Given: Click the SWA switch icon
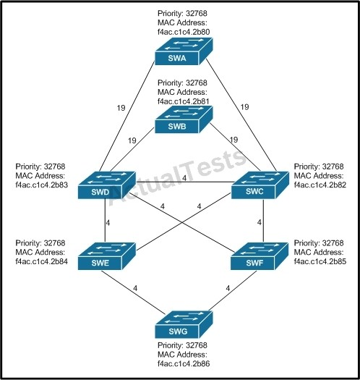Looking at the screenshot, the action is click(184, 51).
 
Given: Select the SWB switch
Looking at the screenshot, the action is click(184, 119).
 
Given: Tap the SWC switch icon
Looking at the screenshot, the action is click(260, 185).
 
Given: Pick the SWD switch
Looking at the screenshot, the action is click(107, 185).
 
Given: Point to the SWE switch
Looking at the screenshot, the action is click(107, 256).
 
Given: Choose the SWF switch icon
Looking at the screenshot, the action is click(260, 256).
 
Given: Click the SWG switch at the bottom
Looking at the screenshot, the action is click(184, 324).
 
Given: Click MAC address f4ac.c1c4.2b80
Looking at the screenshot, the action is click(184, 32).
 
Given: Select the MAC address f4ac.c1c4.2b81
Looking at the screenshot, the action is click(184, 101).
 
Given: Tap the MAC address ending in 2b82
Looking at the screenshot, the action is click(320, 185).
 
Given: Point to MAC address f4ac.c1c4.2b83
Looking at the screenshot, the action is click(42, 185).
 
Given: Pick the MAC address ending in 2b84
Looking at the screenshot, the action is click(42, 261).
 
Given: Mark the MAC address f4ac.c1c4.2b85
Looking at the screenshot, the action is click(320, 261).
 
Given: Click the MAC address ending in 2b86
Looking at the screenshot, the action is click(184, 363).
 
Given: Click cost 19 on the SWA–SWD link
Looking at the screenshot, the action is click(121, 108).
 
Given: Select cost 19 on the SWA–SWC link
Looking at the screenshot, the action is click(245, 107).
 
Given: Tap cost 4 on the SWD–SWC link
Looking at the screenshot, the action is click(184, 178).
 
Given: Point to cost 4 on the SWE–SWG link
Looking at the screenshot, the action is click(135, 288).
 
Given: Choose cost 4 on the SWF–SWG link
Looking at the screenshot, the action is click(228, 288).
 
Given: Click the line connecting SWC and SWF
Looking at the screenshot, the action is click(263, 221).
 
